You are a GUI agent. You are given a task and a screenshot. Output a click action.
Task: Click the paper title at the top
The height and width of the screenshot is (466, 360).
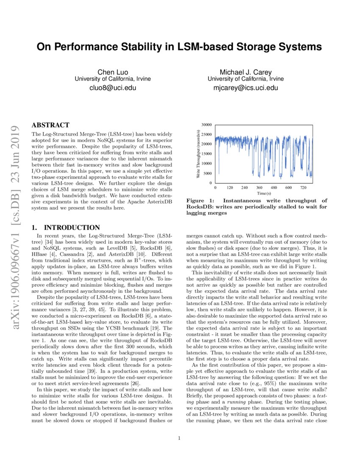coord(180,46)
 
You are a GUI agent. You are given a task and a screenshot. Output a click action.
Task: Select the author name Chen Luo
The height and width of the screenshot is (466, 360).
coord(112,72)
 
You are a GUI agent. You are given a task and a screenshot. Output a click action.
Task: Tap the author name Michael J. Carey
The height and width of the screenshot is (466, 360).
coord(246,72)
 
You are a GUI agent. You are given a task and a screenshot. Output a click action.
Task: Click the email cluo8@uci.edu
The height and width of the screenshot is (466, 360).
coord(112,88)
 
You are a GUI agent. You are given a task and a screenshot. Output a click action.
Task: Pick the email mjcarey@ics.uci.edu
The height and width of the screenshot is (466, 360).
coord(246,88)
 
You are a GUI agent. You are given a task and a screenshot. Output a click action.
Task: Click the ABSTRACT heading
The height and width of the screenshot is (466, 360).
coord(50,125)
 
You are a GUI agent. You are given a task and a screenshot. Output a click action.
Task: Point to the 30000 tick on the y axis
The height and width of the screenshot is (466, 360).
coord(206,125)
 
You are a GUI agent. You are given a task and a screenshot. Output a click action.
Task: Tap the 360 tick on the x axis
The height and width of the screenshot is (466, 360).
coord(259,187)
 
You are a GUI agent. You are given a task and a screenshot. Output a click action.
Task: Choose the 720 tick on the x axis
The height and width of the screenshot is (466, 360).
coord(303,187)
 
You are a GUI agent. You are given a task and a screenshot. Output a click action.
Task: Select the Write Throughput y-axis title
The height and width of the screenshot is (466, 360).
coord(198,154)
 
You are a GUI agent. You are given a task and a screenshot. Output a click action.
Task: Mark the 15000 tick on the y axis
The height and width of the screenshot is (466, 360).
coord(206,154)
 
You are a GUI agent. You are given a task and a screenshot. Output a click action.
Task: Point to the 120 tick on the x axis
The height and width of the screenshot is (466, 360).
coord(230,187)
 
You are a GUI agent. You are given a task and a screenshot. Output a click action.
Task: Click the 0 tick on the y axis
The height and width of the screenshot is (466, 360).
coord(210,183)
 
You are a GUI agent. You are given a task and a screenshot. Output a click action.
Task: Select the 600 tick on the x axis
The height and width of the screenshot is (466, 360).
coord(288,187)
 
